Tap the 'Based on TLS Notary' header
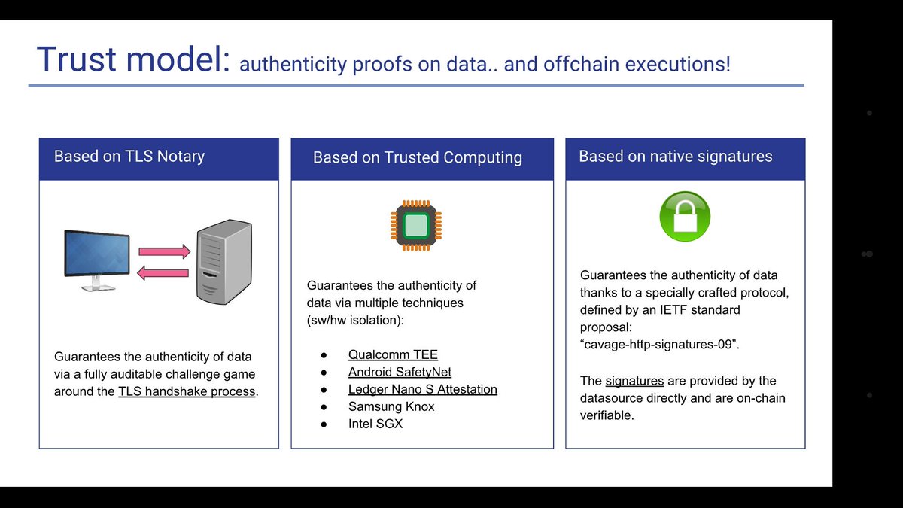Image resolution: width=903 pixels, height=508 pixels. tap(129, 157)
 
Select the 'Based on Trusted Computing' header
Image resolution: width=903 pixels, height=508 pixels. tap(418, 157)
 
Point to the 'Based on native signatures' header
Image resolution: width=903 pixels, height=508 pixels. tap(676, 157)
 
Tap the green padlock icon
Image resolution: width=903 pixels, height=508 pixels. tap(685, 217)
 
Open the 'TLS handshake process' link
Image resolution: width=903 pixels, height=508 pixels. tap(187, 392)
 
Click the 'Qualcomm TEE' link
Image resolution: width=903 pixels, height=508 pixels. tap(393, 354)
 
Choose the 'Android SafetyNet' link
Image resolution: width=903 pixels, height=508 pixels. tap(400, 372)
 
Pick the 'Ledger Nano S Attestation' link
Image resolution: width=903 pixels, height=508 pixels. tap(423, 389)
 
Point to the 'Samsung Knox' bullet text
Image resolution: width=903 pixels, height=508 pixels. tap(391, 406)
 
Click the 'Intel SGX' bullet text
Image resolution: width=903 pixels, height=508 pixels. tap(376, 424)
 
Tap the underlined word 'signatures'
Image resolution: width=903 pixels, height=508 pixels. tap(634, 381)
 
